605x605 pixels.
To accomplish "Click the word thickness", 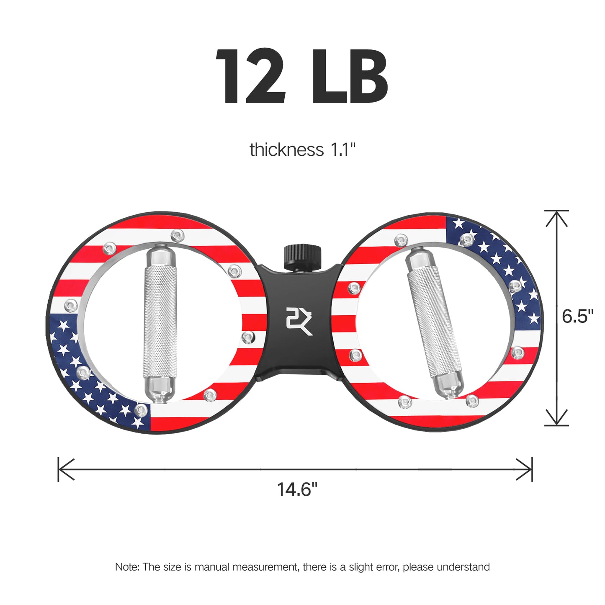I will [286, 150].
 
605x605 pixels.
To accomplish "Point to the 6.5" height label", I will [578, 316].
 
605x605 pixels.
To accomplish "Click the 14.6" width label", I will [297, 489].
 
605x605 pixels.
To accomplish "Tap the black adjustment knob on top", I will [302, 257].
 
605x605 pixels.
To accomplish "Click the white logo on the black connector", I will [299, 321].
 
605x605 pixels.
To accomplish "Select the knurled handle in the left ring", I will [160, 322].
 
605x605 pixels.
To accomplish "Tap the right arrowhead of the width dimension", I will [526, 469].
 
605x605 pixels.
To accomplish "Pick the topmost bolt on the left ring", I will [178, 236].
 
